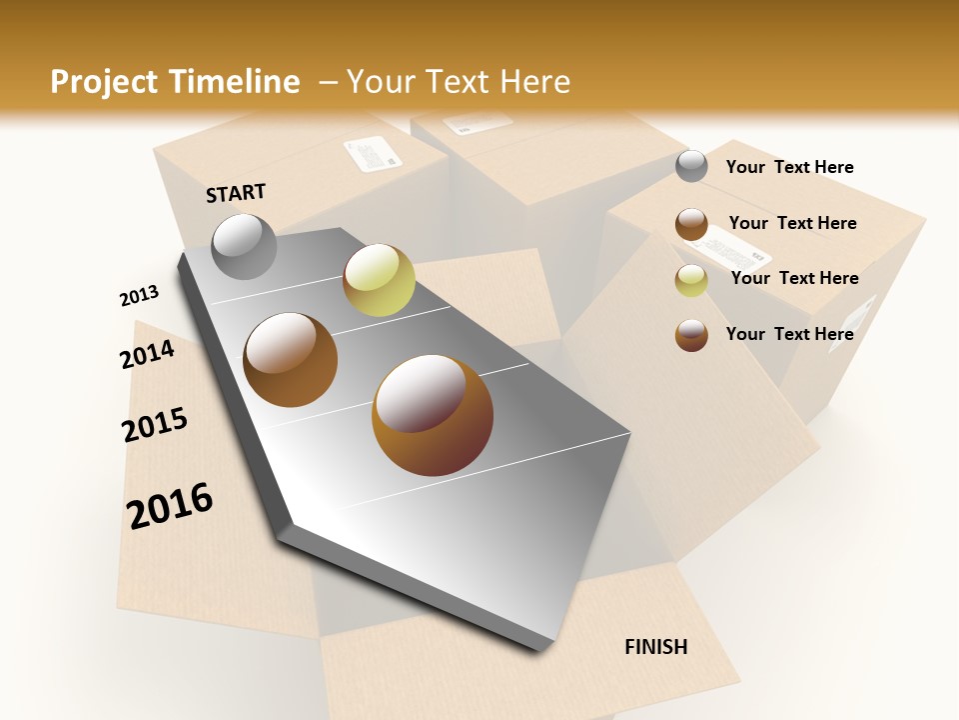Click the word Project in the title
pyautogui.click(x=105, y=82)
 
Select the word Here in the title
pyautogui.click(x=534, y=82)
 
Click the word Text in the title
pyautogui.click(x=457, y=82)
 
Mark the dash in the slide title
pyautogui.click(x=327, y=83)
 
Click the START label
pyautogui.click(x=236, y=193)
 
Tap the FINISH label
pyautogui.click(x=656, y=647)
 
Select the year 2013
pyautogui.click(x=139, y=296)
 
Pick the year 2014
pyautogui.click(x=147, y=354)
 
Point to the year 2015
pyautogui.click(x=155, y=425)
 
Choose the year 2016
pyautogui.click(x=170, y=505)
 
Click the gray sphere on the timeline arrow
pyautogui.click(x=245, y=246)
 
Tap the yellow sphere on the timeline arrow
pyautogui.click(x=379, y=279)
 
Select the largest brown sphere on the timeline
pyautogui.click(x=433, y=415)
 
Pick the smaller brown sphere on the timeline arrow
pyautogui.click(x=291, y=359)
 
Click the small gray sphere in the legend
pyautogui.click(x=691, y=166)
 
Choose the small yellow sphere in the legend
pyautogui.click(x=691, y=280)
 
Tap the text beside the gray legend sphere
pyautogui.click(x=789, y=167)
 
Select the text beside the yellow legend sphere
pyautogui.click(x=794, y=278)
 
